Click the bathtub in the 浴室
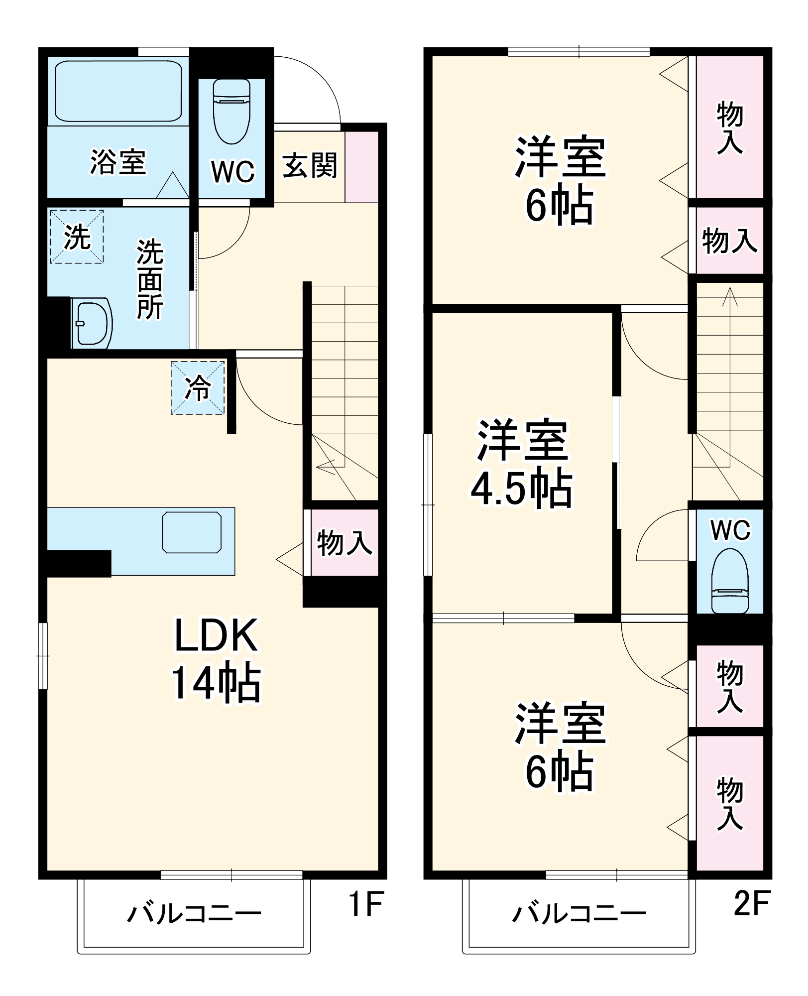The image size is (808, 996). pos(118,91)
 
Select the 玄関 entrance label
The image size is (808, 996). pos(310,166)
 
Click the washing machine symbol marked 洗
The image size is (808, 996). pos(77,237)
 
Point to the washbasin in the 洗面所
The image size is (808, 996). pos(93,323)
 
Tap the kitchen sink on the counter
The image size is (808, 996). pos(192,532)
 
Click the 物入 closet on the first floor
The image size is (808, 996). pos(344,542)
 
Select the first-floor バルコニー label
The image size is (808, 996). pos(194,914)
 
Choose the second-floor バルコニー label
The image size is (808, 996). pos(579,914)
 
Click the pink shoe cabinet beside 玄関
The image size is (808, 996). pos(361,166)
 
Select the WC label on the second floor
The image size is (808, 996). pos(730,530)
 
